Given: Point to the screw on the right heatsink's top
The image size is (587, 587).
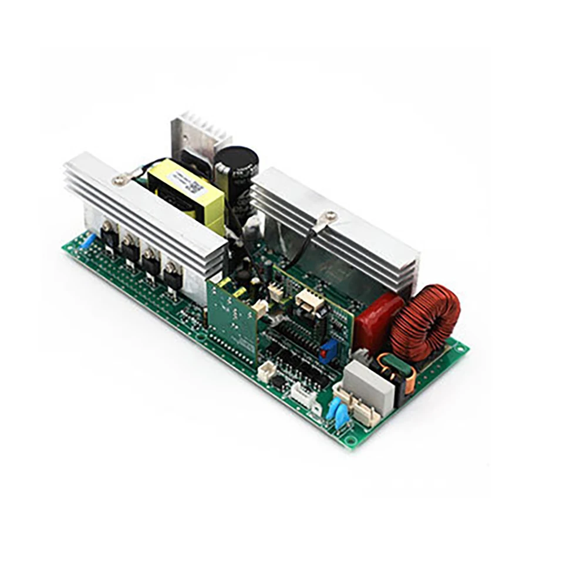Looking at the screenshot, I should [x=330, y=217].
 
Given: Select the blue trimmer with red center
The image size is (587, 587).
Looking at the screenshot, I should [x=327, y=350].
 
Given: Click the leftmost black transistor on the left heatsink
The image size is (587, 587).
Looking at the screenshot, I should [x=109, y=234].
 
